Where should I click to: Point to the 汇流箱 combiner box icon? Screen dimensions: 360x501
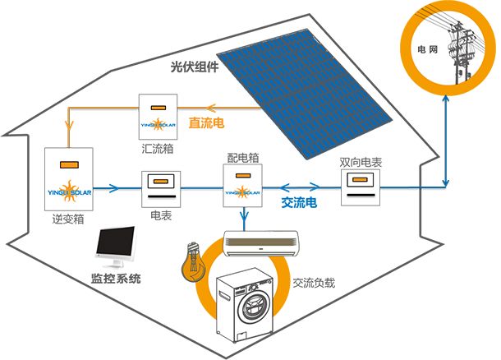tap(159, 116)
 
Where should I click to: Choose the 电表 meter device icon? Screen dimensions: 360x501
tap(161, 190)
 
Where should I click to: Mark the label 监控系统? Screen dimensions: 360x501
tap(116, 279)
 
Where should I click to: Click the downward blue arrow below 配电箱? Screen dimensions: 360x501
tap(244, 219)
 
